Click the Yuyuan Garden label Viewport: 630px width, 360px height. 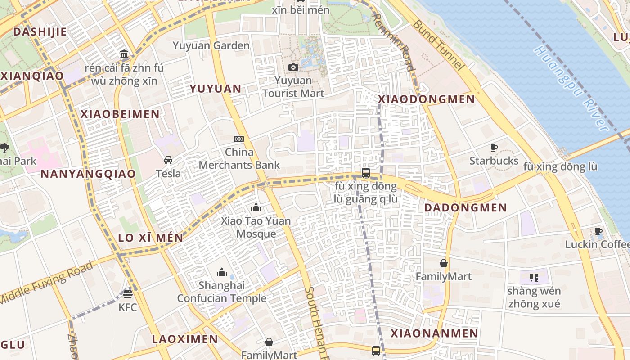211,45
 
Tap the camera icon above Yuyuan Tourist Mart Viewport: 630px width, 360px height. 293,67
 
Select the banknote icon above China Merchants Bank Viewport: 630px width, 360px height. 239,139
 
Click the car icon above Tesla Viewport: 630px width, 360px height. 168,160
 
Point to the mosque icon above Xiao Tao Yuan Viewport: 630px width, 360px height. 256,207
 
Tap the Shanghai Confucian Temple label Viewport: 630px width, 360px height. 221,292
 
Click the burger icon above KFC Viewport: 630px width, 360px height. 128,294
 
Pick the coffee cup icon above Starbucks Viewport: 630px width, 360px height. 494,148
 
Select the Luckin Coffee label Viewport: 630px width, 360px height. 597,244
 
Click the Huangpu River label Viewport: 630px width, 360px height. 571,88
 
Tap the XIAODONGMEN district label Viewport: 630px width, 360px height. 427,99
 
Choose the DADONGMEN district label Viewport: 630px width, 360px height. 465,208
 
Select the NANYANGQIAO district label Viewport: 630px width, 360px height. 88,174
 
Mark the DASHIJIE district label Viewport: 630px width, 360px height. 40,32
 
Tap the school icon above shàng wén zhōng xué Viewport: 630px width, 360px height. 534,277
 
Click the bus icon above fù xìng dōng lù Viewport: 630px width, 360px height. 366,172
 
